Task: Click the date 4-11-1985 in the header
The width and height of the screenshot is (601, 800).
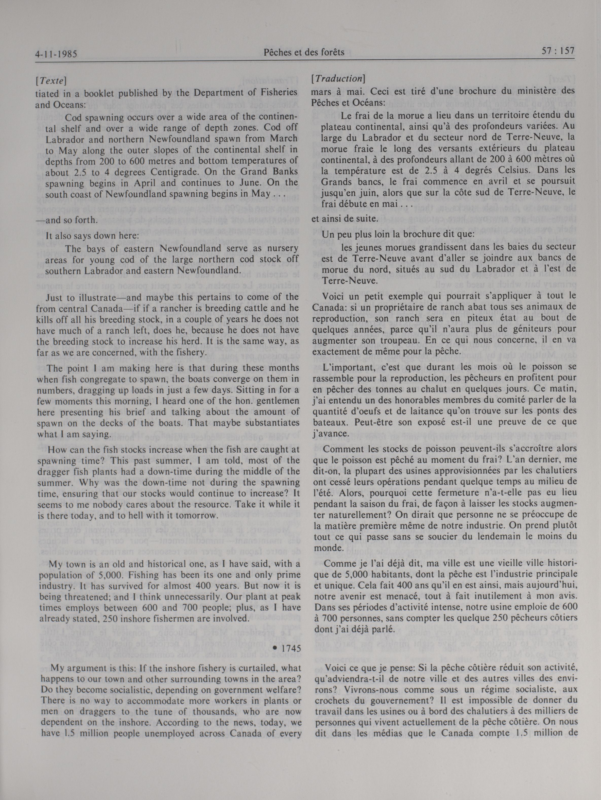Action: [57, 54]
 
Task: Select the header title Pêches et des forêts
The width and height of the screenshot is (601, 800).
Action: [304, 53]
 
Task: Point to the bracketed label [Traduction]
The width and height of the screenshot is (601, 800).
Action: [338, 78]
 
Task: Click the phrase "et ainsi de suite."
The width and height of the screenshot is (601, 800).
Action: [339, 218]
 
